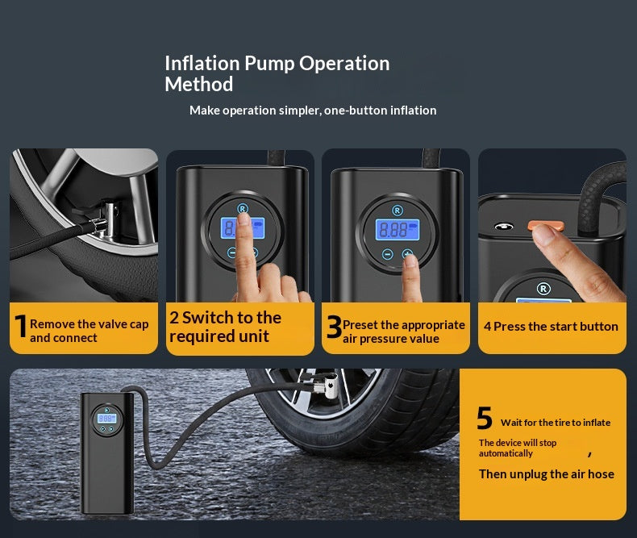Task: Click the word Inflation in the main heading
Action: pyautogui.click(x=202, y=64)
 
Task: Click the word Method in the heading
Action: pyautogui.click(x=198, y=85)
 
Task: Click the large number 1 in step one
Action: pyautogui.click(x=21, y=326)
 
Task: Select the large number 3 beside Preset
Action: pyautogui.click(x=334, y=327)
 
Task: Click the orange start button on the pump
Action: pyautogui.click(x=546, y=225)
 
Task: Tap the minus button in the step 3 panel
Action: pyautogui.click(x=388, y=254)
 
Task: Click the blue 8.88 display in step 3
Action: pyautogui.click(x=397, y=230)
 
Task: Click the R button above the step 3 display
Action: pyautogui.click(x=398, y=210)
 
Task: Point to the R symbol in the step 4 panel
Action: pyautogui.click(x=543, y=289)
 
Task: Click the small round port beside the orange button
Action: pyautogui.click(x=503, y=226)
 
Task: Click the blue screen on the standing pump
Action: pyautogui.click(x=106, y=418)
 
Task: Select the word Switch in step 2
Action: pyautogui.click(x=207, y=318)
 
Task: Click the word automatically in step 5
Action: pyautogui.click(x=506, y=453)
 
